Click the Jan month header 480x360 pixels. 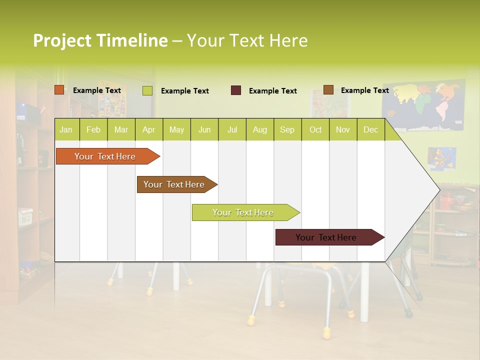click(66, 130)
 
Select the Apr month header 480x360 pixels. click(149, 130)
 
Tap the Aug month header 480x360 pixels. click(259, 130)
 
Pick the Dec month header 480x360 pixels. click(370, 130)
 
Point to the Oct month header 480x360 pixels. click(315, 130)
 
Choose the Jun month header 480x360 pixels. click(204, 130)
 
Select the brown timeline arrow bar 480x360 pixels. click(175, 184)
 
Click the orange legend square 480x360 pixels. click(59, 90)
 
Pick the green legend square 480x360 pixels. click(147, 90)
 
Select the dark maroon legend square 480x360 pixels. click(236, 90)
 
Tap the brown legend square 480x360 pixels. click(328, 90)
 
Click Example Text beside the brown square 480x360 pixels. click(364, 90)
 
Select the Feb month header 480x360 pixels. click(93, 130)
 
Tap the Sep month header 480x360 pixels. click(287, 130)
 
